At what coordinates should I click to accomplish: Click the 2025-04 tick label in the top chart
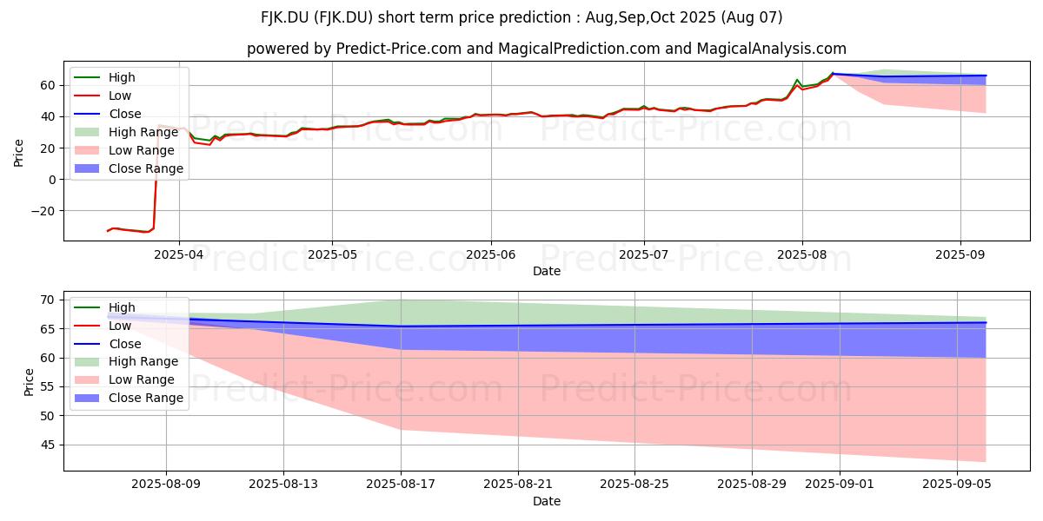tap(179, 255)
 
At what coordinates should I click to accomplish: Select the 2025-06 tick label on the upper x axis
tap(491, 255)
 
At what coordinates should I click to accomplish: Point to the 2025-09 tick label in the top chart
tap(960, 255)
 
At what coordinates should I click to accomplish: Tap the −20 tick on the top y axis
tap(43, 211)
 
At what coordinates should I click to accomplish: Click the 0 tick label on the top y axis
tap(51, 180)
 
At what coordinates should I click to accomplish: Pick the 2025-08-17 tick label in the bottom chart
tap(401, 485)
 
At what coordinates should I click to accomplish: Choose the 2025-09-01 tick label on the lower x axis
tap(840, 485)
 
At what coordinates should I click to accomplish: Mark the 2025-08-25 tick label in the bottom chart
tap(634, 485)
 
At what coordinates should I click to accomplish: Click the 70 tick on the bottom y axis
tap(48, 300)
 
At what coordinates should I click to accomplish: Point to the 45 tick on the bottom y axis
tap(48, 445)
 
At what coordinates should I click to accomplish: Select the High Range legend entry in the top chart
tap(126, 133)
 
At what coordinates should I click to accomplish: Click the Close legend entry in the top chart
tap(108, 114)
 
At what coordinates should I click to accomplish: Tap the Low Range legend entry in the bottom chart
tap(124, 380)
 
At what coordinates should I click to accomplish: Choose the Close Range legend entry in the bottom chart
tap(129, 399)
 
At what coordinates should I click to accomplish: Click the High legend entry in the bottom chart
tap(105, 307)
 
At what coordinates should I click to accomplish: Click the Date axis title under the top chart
tap(546, 271)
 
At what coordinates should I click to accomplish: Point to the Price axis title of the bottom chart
tap(29, 382)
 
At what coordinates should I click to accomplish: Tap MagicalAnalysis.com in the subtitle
tap(771, 49)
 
